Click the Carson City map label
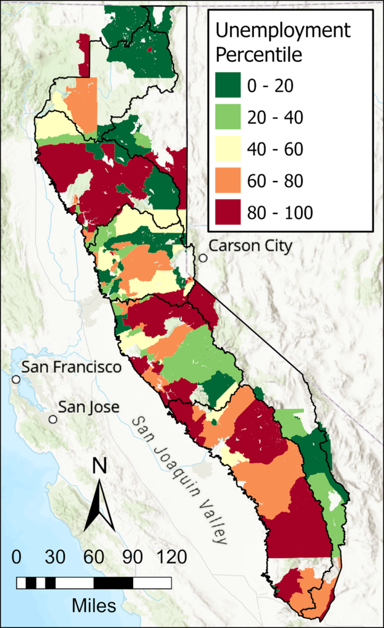[250, 246]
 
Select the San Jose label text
[88, 407]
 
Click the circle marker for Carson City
[203, 258]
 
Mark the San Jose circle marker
[53, 419]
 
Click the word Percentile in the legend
[261, 55]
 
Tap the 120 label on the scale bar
[172, 557]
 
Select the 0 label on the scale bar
[17, 557]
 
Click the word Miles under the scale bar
[94, 606]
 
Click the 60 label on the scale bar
[94, 557]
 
